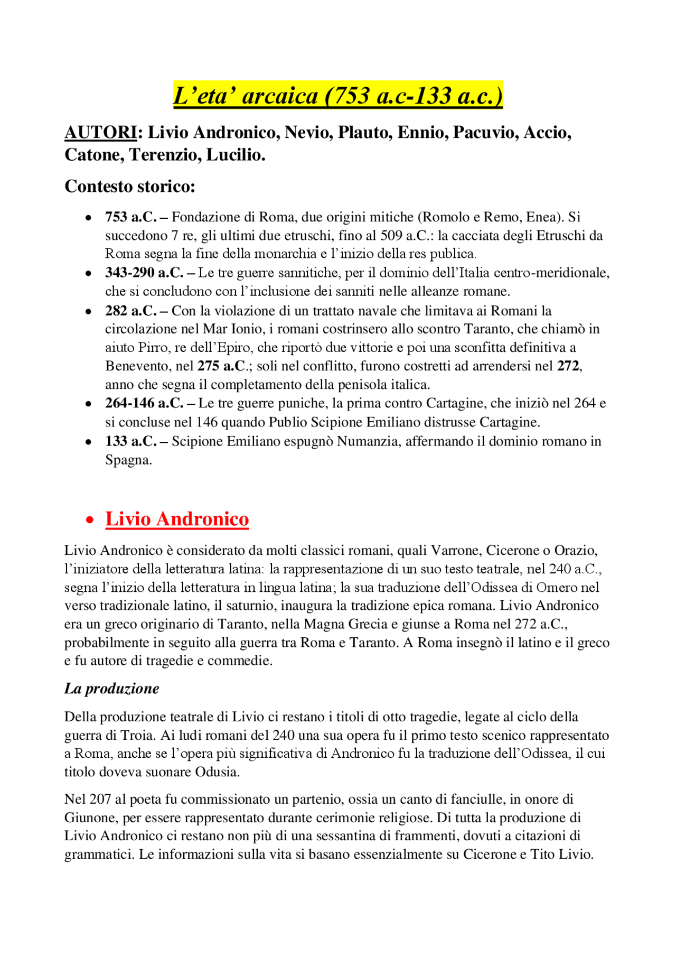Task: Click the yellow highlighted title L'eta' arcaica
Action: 338,96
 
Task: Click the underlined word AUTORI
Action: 100,132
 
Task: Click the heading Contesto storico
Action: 130,187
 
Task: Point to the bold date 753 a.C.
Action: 130,217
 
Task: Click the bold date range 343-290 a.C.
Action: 144,273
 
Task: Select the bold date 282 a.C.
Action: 130,311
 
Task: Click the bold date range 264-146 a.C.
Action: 144,403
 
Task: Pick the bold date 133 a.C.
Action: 130,441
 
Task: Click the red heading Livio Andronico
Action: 177,519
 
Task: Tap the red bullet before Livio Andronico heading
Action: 90,520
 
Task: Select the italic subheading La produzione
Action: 111,689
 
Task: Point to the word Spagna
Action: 128,460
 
